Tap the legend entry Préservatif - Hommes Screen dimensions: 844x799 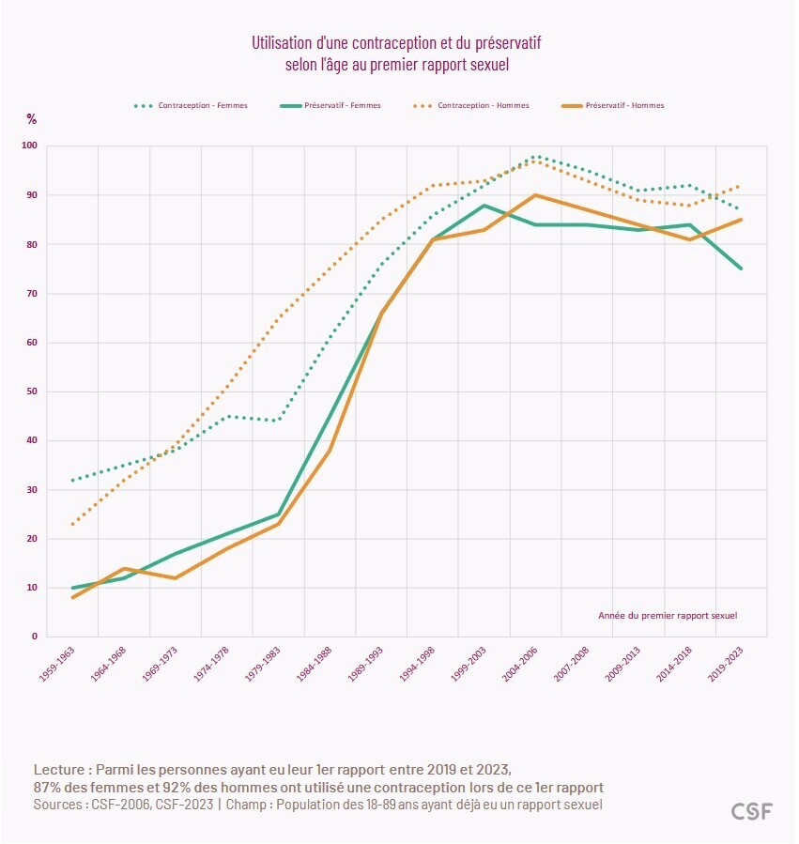(623, 105)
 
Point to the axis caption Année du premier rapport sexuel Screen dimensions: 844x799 (667, 616)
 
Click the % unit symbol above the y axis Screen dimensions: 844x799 (31, 119)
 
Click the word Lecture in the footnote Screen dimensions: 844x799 (62, 768)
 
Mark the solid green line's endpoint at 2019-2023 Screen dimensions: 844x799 (741, 269)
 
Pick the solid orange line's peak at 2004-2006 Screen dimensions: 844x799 (535, 195)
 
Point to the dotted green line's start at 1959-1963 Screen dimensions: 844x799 (72, 480)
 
